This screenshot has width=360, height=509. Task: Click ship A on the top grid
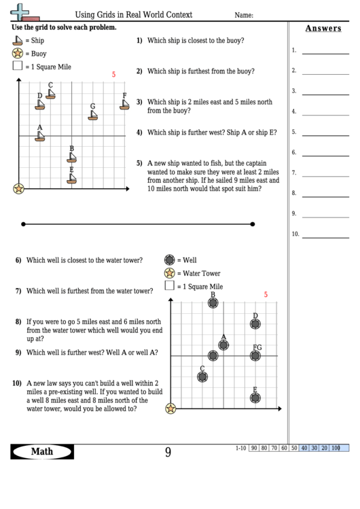pos(40,137)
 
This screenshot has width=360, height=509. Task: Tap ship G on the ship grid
pos(92,115)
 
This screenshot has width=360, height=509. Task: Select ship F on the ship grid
pos(124,105)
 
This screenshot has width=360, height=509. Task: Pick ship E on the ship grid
pos(71,179)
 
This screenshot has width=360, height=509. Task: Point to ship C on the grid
pos(50,94)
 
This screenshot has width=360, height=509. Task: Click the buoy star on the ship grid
pos(18,188)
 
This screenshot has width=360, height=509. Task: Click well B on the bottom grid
pos(213,303)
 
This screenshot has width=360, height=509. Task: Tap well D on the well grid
pos(255,325)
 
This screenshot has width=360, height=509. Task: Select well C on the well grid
pos(202,376)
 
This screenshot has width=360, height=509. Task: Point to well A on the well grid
pos(223,345)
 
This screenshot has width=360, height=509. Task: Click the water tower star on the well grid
pos(170,408)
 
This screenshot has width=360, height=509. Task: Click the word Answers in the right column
pos(323,29)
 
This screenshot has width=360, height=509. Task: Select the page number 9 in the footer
pos(168,452)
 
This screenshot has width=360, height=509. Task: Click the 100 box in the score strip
pos(335,448)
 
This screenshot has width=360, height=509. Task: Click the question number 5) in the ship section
pos(139,163)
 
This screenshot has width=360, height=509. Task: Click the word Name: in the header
pos(244,14)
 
